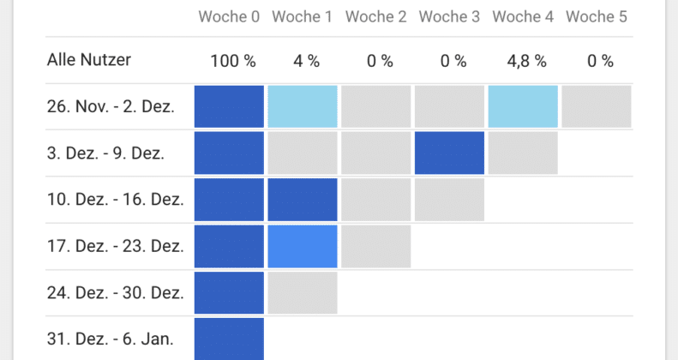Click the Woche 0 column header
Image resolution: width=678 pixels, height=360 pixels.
229,17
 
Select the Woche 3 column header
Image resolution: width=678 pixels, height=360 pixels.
449,17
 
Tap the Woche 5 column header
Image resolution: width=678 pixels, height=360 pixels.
597,17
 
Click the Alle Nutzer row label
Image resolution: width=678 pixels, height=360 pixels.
89,60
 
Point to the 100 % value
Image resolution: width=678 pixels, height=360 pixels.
233,61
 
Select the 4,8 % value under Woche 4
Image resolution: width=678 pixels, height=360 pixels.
526,61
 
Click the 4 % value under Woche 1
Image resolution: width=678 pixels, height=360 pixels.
307,61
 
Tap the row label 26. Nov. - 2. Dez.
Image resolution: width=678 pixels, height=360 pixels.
111,106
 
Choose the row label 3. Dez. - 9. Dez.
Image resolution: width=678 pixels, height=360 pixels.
106,153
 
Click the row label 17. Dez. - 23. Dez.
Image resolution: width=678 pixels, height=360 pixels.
116,246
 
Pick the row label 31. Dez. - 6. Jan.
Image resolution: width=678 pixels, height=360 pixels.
111,339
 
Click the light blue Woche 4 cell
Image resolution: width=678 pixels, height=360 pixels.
523,106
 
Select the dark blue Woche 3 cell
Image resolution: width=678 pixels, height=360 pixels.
449,153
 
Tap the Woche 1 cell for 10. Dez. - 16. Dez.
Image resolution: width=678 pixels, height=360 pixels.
303,200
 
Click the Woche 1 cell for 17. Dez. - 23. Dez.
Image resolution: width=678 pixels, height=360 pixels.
303,246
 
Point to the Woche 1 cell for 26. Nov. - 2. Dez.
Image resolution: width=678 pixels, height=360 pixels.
303,106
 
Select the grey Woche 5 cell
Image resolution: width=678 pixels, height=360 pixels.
597,106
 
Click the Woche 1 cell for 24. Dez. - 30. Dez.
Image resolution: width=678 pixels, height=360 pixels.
303,292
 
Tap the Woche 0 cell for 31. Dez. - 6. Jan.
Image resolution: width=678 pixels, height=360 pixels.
229,339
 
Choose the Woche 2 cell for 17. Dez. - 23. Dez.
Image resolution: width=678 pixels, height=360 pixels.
375,246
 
